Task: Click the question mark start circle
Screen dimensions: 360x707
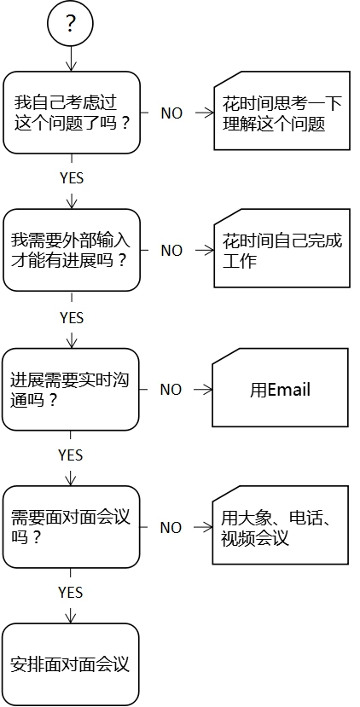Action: pyautogui.click(x=70, y=23)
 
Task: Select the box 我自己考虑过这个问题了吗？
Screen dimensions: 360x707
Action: pyautogui.click(x=72, y=113)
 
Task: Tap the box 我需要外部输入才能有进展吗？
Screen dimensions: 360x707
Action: pyautogui.click(x=72, y=250)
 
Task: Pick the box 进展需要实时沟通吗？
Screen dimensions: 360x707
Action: pyautogui.click(x=70, y=389)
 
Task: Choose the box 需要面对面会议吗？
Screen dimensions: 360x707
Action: pyautogui.click(x=70, y=527)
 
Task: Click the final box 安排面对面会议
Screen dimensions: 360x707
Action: pyautogui.click(x=70, y=664)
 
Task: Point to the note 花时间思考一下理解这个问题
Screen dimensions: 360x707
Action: pyautogui.click(x=282, y=111)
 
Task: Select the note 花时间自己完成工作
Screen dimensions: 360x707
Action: pyautogui.click(x=282, y=248)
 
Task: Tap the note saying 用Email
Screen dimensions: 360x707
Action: pyautogui.click(x=280, y=387)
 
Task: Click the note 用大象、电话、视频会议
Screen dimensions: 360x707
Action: pyautogui.click(x=280, y=524)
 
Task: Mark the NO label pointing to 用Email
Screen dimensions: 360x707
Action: pyautogui.click(x=171, y=390)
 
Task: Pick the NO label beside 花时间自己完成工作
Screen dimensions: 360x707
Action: pyautogui.click(x=171, y=250)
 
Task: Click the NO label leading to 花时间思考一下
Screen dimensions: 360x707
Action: pyautogui.click(x=171, y=113)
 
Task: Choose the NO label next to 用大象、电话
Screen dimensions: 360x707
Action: pyautogui.click(x=171, y=528)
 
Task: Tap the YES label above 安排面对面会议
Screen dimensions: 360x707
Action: pyautogui.click(x=70, y=592)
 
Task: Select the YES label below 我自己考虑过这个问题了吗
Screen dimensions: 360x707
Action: pyautogui.click(x=72, y=178)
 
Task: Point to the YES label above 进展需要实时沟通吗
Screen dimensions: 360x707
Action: pyautogui.click(x=72, y=318)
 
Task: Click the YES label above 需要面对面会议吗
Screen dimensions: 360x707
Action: pyautogui.click(x=70, y=455)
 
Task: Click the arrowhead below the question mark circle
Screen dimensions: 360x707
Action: pyautogui.click(x=71, y=66)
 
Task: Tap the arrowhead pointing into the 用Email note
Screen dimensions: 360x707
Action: pyautogui.click(x=207, y=390)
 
